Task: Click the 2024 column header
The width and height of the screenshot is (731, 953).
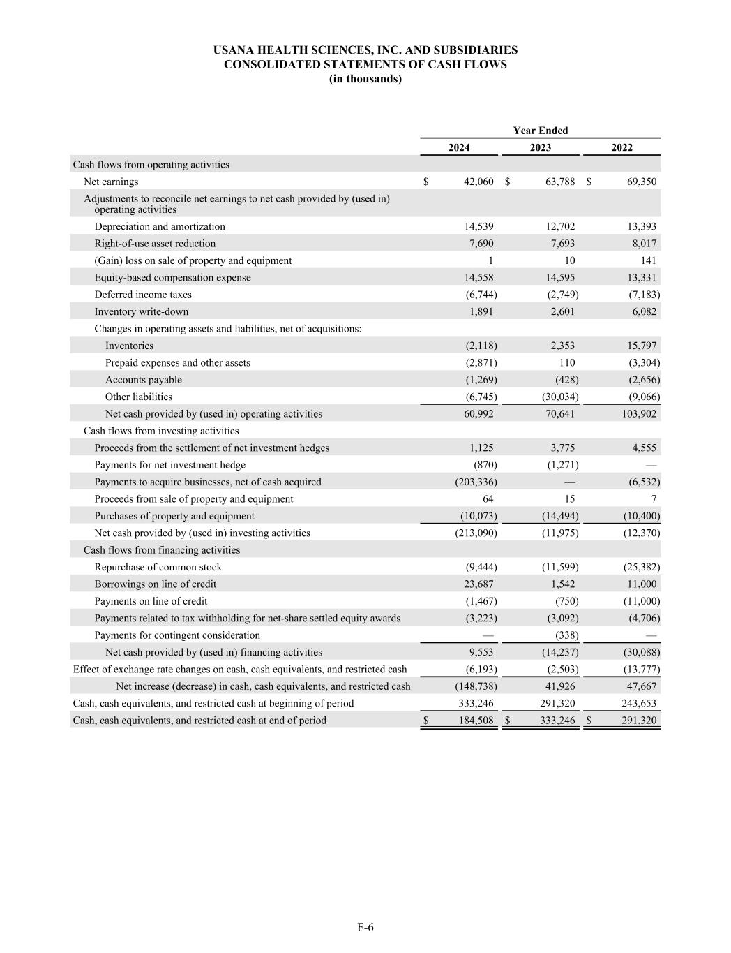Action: point(459,147)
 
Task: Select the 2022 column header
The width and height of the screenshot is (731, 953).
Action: point(621,147)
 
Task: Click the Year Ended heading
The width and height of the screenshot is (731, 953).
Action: point(541,131)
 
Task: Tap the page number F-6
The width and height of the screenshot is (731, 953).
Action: point(365,927)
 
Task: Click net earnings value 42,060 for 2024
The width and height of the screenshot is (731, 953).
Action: point(478,182)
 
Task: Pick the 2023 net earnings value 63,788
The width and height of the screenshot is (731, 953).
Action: point(559,182)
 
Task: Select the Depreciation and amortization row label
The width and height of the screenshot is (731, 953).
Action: point(160,226)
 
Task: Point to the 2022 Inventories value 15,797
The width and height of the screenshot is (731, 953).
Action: point(640,346)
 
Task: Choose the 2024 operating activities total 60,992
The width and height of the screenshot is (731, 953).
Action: point(478,414)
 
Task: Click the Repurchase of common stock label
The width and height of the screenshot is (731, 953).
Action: point(158,567)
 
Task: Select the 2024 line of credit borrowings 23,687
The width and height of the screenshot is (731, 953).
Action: point(478,584)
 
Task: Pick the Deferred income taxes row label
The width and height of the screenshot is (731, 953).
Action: point(143,295)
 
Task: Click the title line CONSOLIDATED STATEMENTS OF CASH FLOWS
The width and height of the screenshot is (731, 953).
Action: point(365,64)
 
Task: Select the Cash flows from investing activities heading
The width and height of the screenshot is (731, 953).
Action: point(161,431)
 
